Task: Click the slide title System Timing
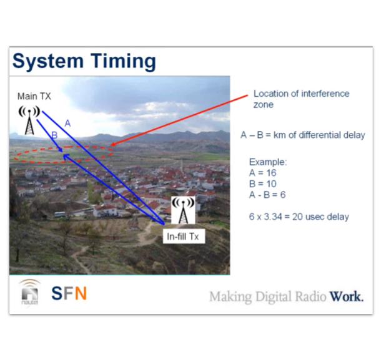click(84, 62)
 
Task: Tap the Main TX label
click(34, 96)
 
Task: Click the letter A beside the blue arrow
click(67, 124)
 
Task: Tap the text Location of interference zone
click(300, 99)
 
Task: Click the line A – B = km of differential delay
click(302, 135)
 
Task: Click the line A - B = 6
click(267, 195)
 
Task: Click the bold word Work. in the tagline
click(347, 296)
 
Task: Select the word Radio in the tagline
click(310, 296)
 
